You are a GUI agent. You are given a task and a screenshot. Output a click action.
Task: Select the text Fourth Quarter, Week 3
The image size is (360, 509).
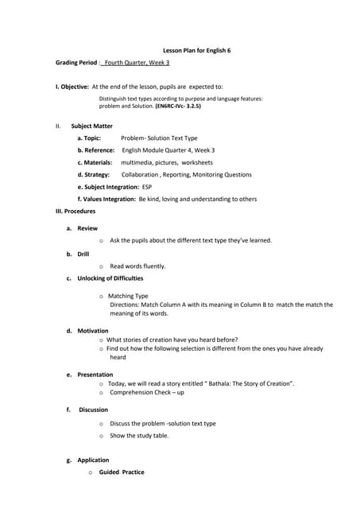(x=137, y=62)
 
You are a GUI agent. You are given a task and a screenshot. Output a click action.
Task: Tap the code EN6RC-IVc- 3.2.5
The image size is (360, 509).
(x=178, y=105)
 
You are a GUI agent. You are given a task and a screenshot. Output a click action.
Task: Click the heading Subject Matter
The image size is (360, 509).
(x=91, y=126)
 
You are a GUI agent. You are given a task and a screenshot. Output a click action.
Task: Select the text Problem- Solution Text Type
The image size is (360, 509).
(x=159, y=138)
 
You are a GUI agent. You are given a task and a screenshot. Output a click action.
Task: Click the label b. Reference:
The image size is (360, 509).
(x=96, y=150)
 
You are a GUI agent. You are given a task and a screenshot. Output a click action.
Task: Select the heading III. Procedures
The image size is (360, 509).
(x=75, y=211)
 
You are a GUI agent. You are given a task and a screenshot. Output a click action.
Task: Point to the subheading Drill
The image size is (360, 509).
(x=83, y=254)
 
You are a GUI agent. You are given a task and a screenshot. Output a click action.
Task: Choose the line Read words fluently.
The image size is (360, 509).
(x=137, y=266)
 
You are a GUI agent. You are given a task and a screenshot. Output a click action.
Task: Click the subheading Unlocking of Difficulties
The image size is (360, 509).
(x=110, y=278)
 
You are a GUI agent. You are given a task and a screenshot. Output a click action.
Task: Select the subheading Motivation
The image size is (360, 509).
(x=93, y=330)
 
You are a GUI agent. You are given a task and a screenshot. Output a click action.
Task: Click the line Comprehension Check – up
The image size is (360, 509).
(x=147, y=392)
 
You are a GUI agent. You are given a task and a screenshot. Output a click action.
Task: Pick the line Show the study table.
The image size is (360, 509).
(x=139, y=436)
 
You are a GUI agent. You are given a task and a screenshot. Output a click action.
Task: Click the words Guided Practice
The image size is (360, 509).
(x=122, y=472)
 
